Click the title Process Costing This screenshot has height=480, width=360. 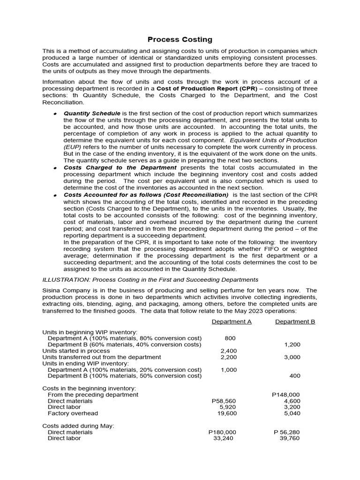click(x=180, y=40)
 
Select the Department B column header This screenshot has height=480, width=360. click(x=295, y=322)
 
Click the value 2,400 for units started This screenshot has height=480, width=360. click(x=228, y=351)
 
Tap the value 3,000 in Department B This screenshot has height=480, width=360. click(x=292, y=357)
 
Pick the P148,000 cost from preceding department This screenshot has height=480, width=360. click(x=285, y=395)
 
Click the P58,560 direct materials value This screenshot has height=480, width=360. click(x=224, y=401)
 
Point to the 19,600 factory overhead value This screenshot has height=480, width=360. click(x=227, y=413)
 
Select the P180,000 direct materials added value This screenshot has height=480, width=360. click(x=222, y=432)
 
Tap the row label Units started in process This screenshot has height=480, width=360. click(x=76, y=351)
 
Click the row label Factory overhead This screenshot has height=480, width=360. click(x=73, y=413)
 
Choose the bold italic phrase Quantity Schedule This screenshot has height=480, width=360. click(x=92, y=113)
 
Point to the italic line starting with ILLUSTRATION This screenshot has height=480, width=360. click(x=150, y=280)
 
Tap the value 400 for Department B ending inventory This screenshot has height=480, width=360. click(x=295, y=376)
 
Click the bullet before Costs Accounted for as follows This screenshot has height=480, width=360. click(x=55, y=195)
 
